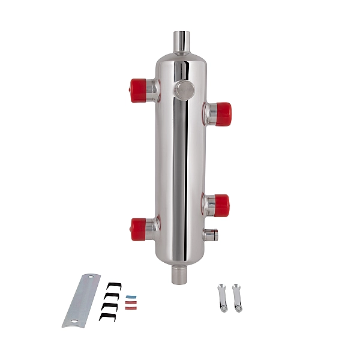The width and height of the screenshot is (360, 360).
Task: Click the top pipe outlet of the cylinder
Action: click(x=181, y=42)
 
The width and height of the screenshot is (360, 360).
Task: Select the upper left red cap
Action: click(x=139, y=89)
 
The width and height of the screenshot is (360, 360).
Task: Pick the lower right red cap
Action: click(x=220, y=205)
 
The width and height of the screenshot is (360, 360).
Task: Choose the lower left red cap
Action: click(x=139, y=229)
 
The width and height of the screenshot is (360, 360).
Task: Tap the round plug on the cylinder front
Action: click(x=184, y=90)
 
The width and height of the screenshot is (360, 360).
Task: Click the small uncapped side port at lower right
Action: click(x=210, y=235)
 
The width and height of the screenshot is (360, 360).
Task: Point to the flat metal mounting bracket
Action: click(x=82, y=300)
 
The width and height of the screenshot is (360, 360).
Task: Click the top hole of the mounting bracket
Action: click(x=91, y=279)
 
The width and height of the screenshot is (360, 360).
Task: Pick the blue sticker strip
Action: click(x=131, y=296)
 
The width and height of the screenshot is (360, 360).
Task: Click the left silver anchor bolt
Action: click(x=221, y=298)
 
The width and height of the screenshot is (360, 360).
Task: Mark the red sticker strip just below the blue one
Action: click(x=131, y=304)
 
